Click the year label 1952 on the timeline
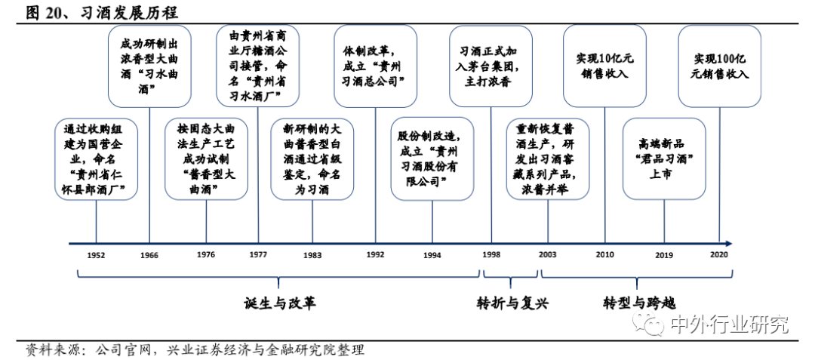[96, 256]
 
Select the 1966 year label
[149, 256]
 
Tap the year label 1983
[312, 256]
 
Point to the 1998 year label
[491, 254]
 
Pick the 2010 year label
[604, 254]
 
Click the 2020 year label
[719, 254]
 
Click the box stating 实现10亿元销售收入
[605, 66]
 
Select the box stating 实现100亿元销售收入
[720, 66]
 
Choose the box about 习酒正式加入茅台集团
[491, 66]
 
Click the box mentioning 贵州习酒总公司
[375, 66]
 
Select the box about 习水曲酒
[149, 66]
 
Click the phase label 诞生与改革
[280, 303]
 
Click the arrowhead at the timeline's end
[729, 243]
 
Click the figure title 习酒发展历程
[130, 13]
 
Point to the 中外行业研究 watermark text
[729, 325]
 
